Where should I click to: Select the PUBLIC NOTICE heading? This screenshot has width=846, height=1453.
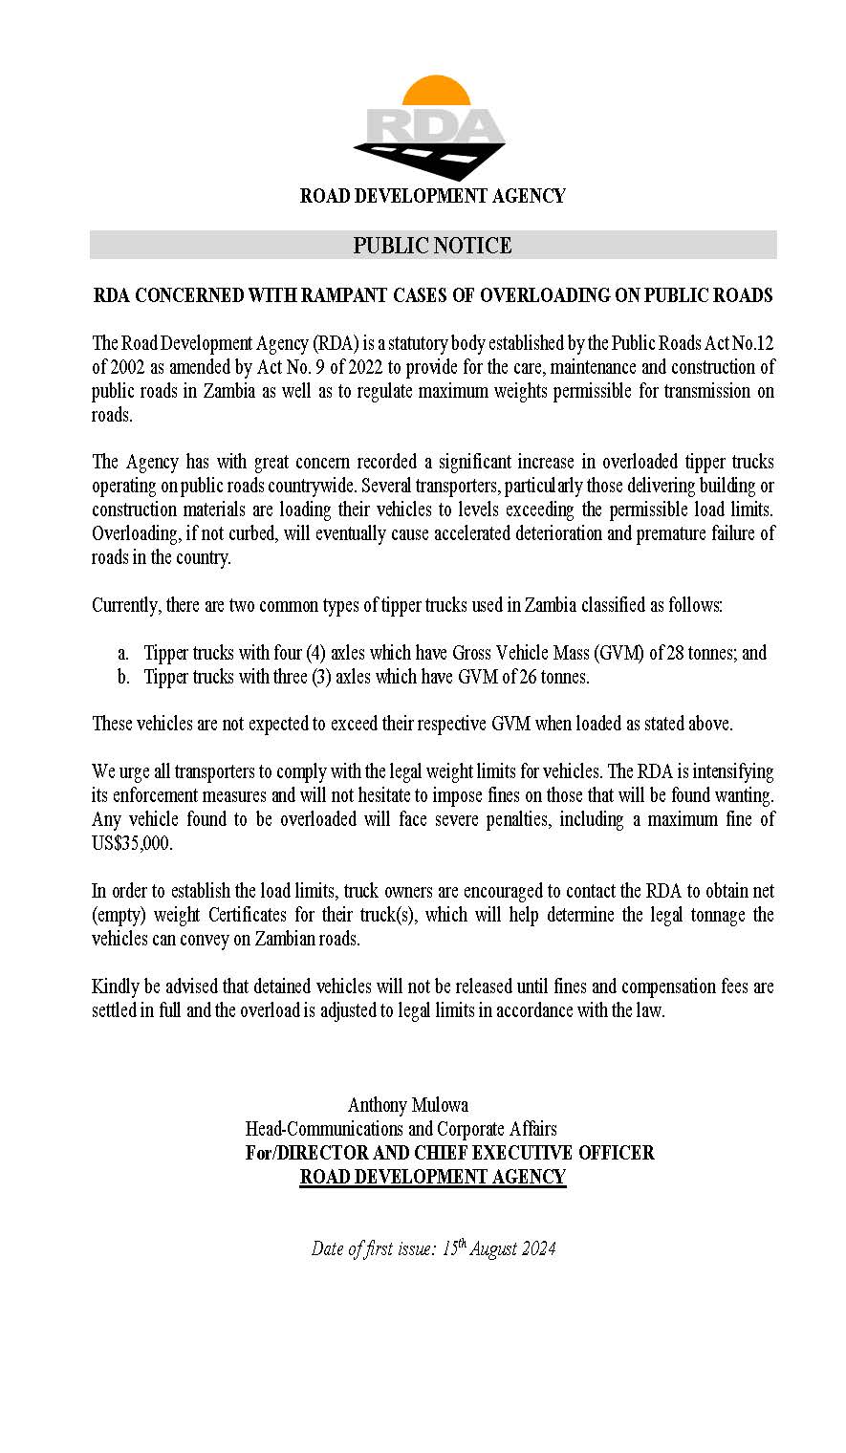tap(432, 246)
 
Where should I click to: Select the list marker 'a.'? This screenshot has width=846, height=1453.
tap(122, 653)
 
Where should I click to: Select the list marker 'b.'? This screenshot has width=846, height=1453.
tap(122, 677)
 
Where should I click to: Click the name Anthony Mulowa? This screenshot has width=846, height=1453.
tap(408, 1105)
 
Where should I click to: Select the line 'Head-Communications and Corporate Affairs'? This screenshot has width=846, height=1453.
tap(401, 1129)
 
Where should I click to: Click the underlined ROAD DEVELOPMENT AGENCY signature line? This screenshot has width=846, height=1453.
tap(433, 1177)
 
